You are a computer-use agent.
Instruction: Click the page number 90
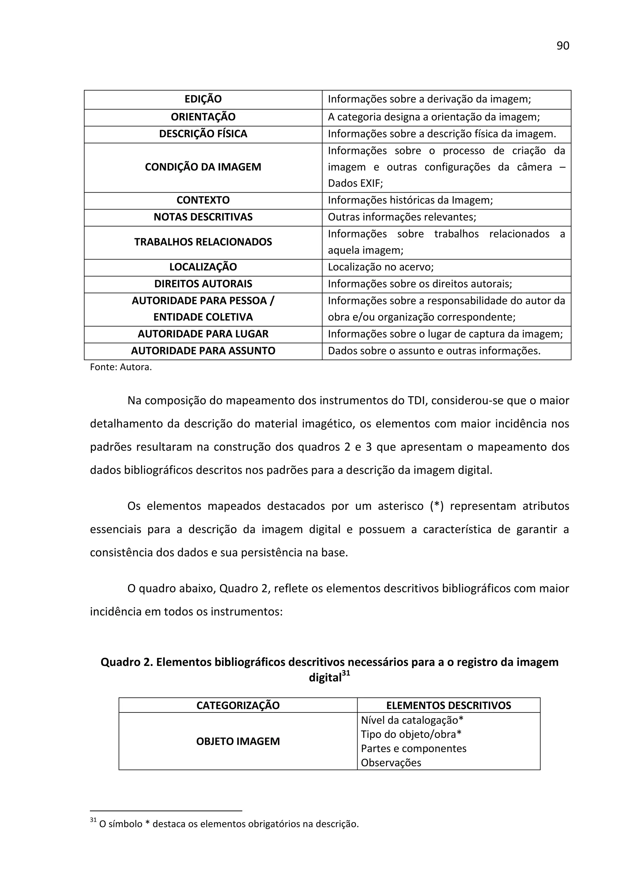pyautogui.click(x=562, y=46)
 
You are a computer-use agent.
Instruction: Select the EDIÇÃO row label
pyautogui.click(x=203, y=99)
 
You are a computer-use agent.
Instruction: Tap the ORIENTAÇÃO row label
pyautogui.click(x=203, y=117)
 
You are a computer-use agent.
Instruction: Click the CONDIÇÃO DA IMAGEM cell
pyautogui.click(x=203, y=167)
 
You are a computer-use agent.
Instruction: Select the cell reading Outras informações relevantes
pyautogui.click(x=401, y=217)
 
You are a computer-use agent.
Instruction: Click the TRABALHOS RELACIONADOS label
pyautogui.click(x=203, y=242)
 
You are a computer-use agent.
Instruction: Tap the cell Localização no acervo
pyautogui.click(x=380, y=267)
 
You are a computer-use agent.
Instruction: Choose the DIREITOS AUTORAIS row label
pyautogui.click(x=203, y=284)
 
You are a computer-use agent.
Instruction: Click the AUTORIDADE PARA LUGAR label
pyautogui.click(x=203, y=334)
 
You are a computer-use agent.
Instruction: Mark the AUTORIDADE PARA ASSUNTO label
pyautogui.click(x=203, y=351)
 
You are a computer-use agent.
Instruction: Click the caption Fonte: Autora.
pyautogui.click(x=120, y=367)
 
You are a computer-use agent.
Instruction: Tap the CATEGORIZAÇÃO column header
pyautogui.click(x=238, y=705)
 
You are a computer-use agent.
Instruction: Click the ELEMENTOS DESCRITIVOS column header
pyautogui.click(x=448, y=705)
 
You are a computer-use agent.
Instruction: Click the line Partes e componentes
pyautogui.click(x=413, y=748)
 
